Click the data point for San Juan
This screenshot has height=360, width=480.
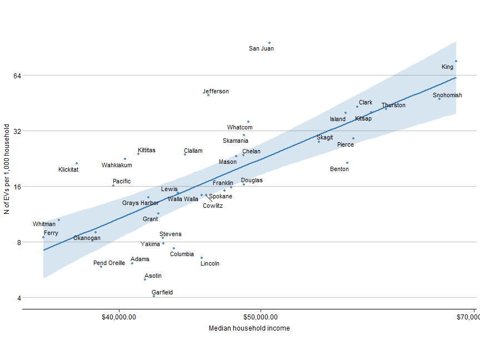click(269, 43)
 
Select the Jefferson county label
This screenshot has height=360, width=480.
click(216, 92)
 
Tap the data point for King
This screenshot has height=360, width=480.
click(456, 61)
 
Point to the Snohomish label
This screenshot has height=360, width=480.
click(447, 96)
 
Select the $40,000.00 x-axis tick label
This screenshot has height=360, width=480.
click(119, 317)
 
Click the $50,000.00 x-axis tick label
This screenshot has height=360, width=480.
click(261, 317)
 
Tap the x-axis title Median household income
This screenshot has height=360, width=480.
click(249, 328)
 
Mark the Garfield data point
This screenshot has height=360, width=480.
click(154, 296)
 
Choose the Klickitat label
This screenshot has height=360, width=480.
click(68, 169)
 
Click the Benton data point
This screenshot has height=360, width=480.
click(347, 163)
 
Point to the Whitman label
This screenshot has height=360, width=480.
click(44, 224)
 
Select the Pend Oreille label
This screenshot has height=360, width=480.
click(109, 263)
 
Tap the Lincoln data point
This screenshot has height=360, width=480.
click(202, 258)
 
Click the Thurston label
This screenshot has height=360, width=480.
click(393, 106)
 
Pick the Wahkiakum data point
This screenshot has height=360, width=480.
click(125, 159)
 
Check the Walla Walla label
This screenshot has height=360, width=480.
click(183, 199)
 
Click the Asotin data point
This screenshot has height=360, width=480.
click(145, 279)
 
